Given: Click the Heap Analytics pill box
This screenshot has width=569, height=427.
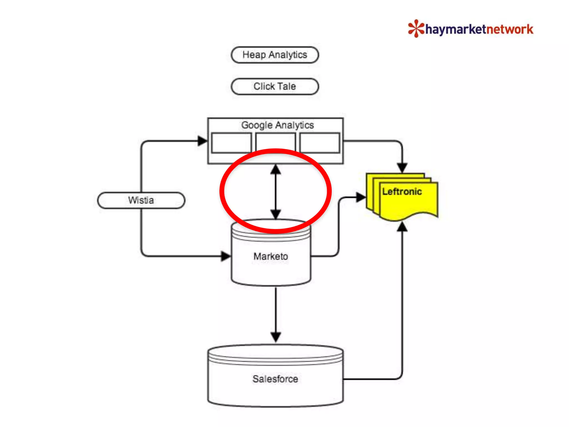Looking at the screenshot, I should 275,55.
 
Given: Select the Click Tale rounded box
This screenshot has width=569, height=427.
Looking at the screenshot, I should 275,86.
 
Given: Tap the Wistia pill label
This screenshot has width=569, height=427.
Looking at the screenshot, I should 141,200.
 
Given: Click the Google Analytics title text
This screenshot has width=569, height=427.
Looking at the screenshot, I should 277,125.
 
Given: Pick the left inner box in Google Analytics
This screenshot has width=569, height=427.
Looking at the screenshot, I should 231,143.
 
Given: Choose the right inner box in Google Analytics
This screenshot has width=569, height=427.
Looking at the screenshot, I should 320,143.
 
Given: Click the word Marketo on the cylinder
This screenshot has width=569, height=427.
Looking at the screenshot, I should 271,256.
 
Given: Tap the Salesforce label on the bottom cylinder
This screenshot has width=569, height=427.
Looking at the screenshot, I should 275,379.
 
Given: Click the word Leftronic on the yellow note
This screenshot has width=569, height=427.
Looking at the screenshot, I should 402,192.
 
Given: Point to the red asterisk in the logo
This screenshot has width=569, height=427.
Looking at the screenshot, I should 416,28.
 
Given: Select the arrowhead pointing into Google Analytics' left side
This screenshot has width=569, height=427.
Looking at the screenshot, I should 202,141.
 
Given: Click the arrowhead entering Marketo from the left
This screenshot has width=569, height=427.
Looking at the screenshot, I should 226,256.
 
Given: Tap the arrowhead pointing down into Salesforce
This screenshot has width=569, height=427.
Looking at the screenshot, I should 276,337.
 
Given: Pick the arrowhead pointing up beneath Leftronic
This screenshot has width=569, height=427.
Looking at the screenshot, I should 402,227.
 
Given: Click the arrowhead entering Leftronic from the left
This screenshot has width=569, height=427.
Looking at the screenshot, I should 361,197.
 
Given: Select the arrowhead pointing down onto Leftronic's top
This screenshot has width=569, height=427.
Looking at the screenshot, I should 402,168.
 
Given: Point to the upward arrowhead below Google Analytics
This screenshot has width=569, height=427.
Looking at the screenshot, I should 276,169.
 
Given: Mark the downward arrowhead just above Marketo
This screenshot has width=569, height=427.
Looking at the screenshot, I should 276,214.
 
